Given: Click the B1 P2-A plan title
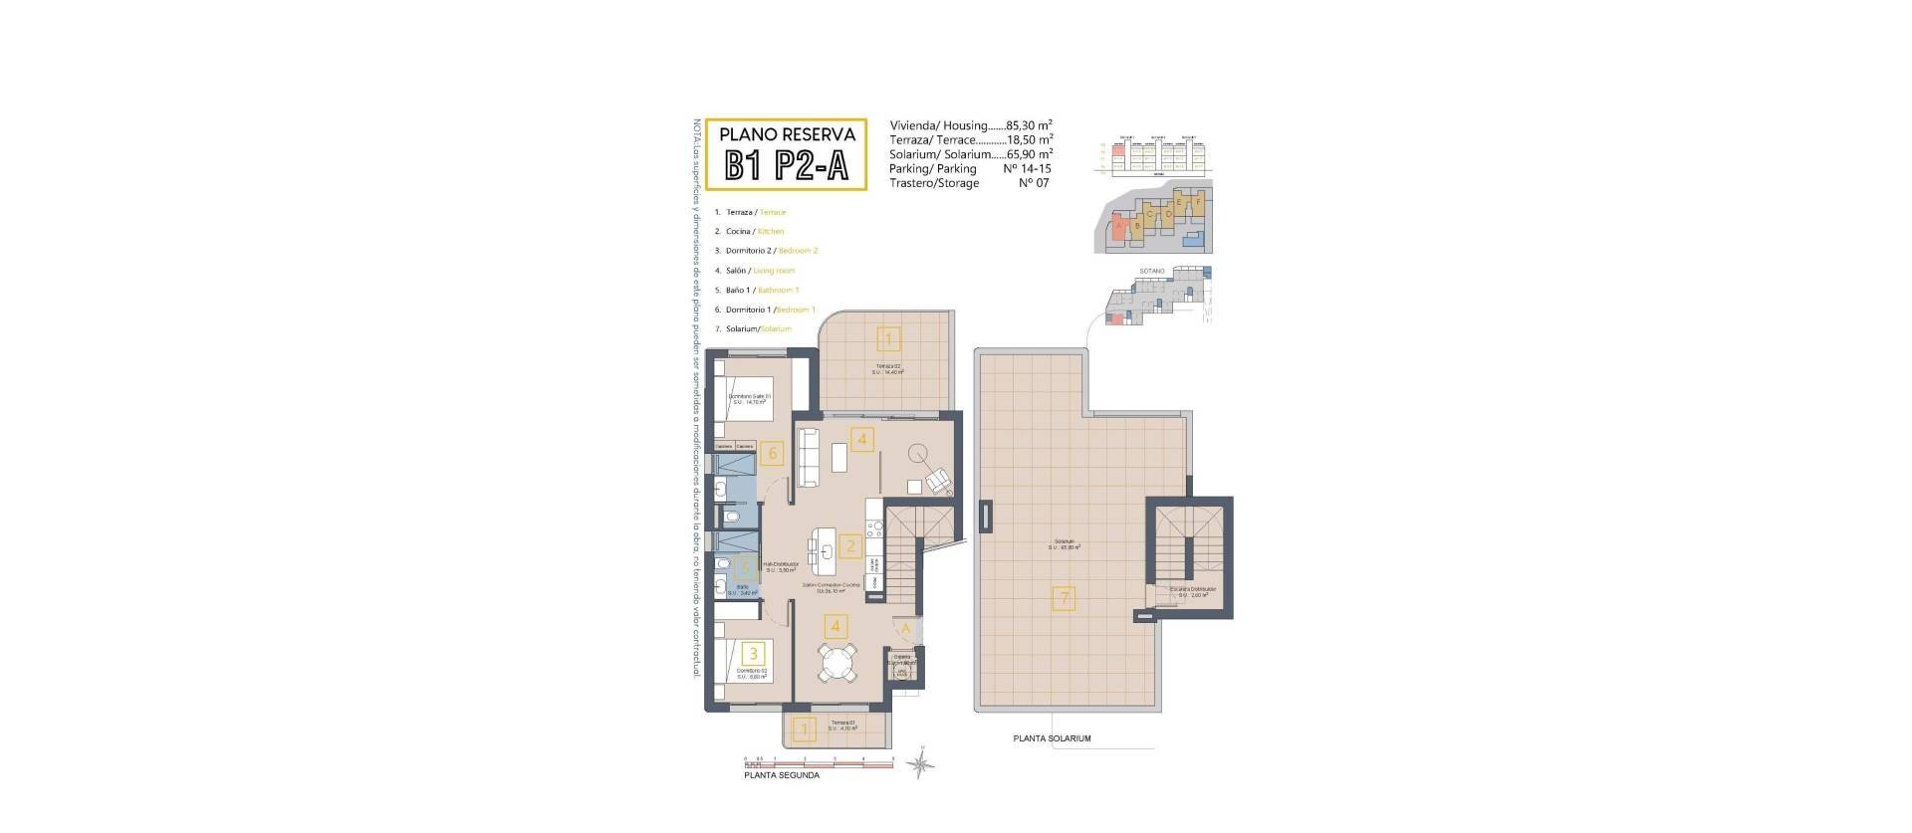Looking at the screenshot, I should click(x=786, y=166).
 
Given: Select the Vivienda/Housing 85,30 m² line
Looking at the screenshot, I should click(x=971, y=126).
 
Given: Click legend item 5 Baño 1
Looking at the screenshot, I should click(x=763, y=291).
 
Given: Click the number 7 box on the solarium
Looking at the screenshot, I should click(x=1065, y=599).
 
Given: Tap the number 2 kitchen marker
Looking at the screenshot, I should click(x=849, y=545).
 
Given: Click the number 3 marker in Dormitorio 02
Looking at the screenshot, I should click(x=755, y=654).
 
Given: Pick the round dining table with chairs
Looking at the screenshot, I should click(x=837, y=663).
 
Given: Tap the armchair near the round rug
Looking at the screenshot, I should click(x=938, y=483).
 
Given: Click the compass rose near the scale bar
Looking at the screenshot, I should click(x=923, y=763).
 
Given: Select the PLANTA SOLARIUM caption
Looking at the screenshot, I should click(x=1052, y=738).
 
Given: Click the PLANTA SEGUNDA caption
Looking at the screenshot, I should click(x=782, y=775).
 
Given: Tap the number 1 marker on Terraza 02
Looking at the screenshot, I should click(x=888, y=339).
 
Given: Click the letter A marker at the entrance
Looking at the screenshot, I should click(x=906, y=629).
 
